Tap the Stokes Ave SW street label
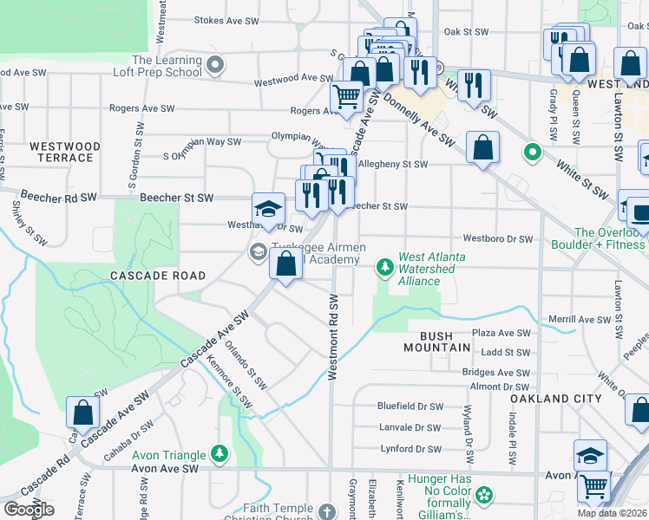(227, 20)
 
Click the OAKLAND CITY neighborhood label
(555, 398)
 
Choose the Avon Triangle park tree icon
(220, 453)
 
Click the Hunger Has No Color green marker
(483, 496)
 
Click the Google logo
(29, 509)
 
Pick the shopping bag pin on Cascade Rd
(82, 413)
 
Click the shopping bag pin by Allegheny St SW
(482, 146)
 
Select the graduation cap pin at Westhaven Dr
(269, 209)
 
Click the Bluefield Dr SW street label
(410, 406)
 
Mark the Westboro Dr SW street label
(496, 237)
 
